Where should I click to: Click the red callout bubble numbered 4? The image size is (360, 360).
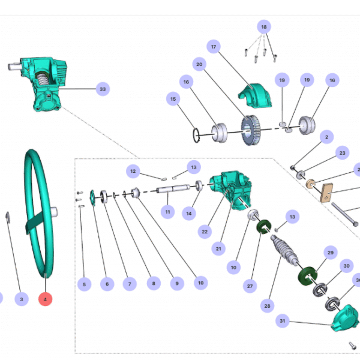point(44,299)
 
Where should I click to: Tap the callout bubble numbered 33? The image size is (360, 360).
point(103,89)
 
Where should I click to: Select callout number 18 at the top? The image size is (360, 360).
point(264,27)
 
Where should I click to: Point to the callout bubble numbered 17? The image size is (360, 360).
point(213,47)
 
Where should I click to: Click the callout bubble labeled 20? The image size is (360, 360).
point(199,64)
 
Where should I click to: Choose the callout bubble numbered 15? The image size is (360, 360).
point(173,99)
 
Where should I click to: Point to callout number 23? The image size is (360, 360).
point(342,154)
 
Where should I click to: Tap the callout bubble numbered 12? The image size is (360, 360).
point(134,172)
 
